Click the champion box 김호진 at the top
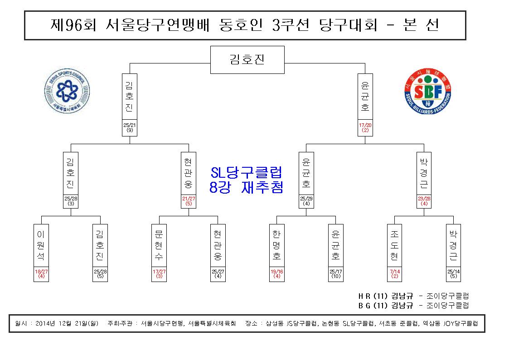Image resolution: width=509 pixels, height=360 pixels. pyautogui.click(x=247, y=60)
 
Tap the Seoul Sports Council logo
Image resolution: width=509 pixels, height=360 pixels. pyautogui.click(x=67, y=91)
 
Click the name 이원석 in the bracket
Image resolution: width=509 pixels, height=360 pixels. pyautogui.click(x=41, y=245)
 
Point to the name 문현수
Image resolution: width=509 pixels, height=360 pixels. pyautogui.click(x=159, y=245)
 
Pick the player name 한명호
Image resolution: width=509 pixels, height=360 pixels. pyautogui.click(x=276, y=245)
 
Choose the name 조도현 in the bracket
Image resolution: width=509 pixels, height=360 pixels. pyautogui.click(x=394, y=245)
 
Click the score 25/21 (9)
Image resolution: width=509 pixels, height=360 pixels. pyautogui.click(x=130, y=127)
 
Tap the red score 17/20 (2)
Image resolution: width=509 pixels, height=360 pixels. pyautogui.click(x=365, y=127)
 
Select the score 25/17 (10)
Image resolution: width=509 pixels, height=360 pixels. pyautogui.click(x=336, y=274)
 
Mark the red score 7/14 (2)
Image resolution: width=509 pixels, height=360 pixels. pyautogui.click(x=395, y=274)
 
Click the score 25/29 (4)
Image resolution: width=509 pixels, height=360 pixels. pyautogui.click(x=306, y=201)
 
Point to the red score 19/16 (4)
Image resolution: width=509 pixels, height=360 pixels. pyautogui.click(x=276, y=274)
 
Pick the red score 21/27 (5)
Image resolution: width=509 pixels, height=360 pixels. pyautogui.click(x=189, y=201)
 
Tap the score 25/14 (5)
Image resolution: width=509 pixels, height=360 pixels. pyautogui.click(x=454, y=274)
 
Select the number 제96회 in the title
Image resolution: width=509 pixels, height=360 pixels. pyautogui.click(x=73, y=25)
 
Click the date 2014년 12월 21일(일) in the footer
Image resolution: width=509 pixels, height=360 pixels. pyautogui.click(x=67, y=323)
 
